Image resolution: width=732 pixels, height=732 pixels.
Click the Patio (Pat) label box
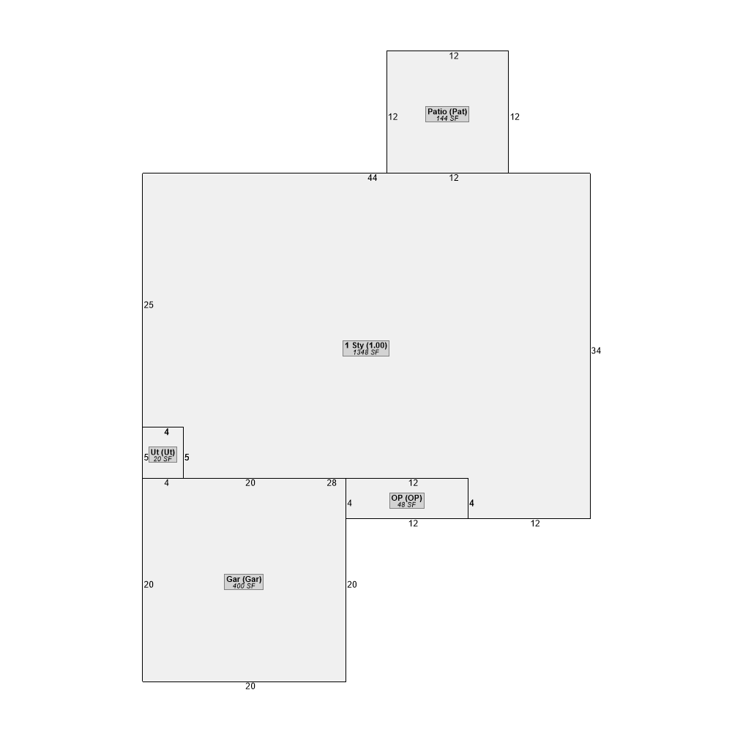point(447,114)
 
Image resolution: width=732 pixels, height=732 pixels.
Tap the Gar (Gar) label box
point(244,582)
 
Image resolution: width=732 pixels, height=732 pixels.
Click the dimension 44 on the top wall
point(372,178)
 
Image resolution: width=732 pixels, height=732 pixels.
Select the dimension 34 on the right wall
point(596,351)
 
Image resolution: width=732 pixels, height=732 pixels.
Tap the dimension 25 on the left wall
point(149,305)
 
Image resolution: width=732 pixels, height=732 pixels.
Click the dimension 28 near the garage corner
point(332,483)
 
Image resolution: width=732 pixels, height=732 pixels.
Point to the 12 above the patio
point(454,56)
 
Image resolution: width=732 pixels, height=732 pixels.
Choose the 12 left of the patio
point(393,117)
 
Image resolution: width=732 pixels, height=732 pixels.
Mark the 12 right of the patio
point(515,117)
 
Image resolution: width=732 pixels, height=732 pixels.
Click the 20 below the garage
point(250,687)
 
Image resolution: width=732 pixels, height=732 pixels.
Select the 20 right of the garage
point(352,584)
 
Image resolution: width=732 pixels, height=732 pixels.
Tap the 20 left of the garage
point(149,584)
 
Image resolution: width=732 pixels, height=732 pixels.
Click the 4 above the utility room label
point(167,433)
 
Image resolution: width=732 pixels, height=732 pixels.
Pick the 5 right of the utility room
point(187,457)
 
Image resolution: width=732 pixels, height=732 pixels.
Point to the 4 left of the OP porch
point(350,504)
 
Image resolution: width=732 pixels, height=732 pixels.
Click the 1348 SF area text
point(366,353)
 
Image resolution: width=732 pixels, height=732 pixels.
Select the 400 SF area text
point(244,586)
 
